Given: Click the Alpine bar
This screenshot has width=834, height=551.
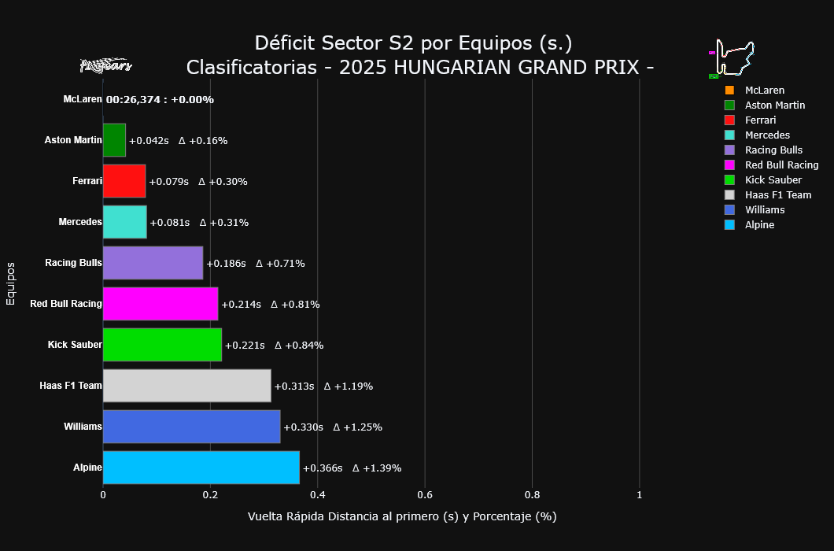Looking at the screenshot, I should (201, 468).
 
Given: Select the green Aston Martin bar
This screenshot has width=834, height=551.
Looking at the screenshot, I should (114, 140).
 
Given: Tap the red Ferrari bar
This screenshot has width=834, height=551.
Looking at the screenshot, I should (124, 181).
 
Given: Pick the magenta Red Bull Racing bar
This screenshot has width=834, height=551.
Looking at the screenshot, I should (161, 304).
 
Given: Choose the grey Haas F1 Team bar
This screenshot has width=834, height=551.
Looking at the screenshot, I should (186, 386).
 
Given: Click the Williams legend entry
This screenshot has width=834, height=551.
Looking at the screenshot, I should (765, 210).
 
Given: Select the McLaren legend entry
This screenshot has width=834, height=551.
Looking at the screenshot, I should (764, 91).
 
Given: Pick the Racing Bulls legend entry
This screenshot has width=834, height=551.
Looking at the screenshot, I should (773, 150).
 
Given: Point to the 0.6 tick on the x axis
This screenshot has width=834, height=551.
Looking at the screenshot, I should (425, 495).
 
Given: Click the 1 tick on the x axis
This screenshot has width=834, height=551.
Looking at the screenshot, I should (639, 495).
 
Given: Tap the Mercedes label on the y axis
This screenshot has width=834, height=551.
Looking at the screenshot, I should (80, 222).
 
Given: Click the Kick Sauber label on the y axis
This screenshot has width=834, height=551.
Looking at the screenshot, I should (75, 345).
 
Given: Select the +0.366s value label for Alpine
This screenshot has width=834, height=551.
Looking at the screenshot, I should (323, 468).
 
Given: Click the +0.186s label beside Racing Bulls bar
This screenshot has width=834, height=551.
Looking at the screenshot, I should (226, 264).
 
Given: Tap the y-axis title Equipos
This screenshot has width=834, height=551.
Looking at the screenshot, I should (11, 283).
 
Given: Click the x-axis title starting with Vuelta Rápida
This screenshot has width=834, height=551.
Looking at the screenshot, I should (401, 517).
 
